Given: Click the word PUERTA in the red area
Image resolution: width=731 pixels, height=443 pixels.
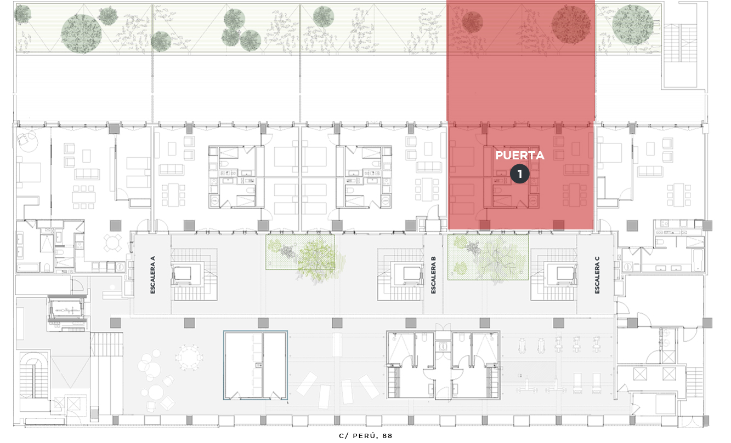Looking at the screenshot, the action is point(519,156).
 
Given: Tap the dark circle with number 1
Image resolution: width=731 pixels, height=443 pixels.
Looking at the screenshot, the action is point(519,174).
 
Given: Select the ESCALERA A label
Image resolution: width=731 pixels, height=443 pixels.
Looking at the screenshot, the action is point(152,275).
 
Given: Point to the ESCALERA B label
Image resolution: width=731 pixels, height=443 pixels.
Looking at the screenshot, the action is point(433,275).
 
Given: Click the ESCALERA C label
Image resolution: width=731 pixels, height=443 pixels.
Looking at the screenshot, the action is point(597,275).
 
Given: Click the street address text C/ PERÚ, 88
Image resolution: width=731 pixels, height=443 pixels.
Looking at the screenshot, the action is point(365,436).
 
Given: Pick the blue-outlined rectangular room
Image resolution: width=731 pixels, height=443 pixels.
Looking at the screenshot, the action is point(255,365).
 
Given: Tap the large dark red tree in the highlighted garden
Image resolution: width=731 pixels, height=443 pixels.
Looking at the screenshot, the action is point(571,25).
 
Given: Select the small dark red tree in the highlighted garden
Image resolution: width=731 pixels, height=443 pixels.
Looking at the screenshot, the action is point(472,22).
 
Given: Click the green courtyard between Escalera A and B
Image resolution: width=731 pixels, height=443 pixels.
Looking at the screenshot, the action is point(300,252).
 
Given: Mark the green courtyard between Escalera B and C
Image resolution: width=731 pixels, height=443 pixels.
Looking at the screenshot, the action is point(488,257).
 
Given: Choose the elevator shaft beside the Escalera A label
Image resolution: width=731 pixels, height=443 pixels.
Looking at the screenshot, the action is point(183,273).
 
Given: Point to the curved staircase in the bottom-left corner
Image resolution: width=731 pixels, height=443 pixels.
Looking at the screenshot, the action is point(33,375).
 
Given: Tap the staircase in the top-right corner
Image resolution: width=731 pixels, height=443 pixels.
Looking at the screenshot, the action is point(680,43).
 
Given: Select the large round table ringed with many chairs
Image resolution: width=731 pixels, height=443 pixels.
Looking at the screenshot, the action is point(189,357).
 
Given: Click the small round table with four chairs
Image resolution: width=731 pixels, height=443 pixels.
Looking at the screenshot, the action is point(112,243).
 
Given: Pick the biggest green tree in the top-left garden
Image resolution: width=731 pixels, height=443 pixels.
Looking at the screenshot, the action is point(81,33).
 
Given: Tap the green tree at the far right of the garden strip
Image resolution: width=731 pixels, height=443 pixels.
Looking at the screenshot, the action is point(632,25).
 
